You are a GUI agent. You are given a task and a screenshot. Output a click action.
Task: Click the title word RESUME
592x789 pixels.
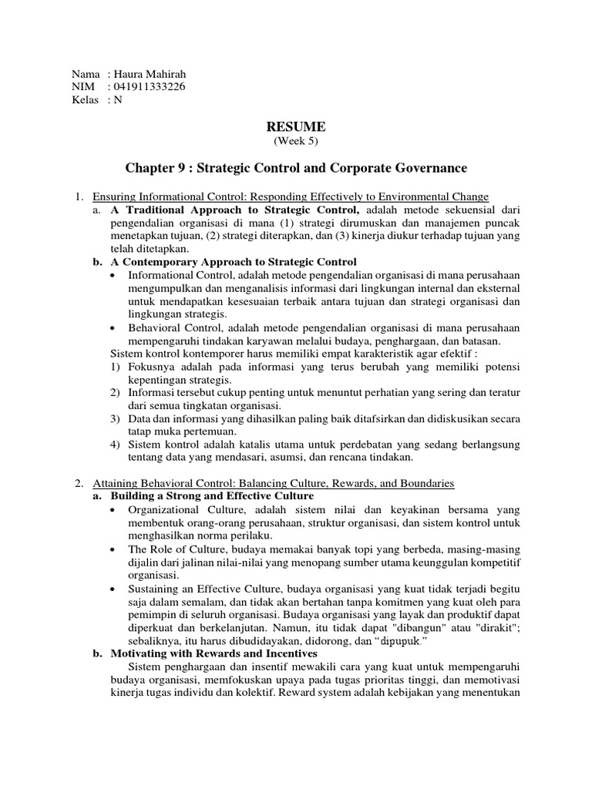tap(296, 126)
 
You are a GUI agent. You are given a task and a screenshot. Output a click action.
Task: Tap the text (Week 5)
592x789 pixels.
tap(296, 141)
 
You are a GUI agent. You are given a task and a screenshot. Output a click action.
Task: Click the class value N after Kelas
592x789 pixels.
tap(118, 99)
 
